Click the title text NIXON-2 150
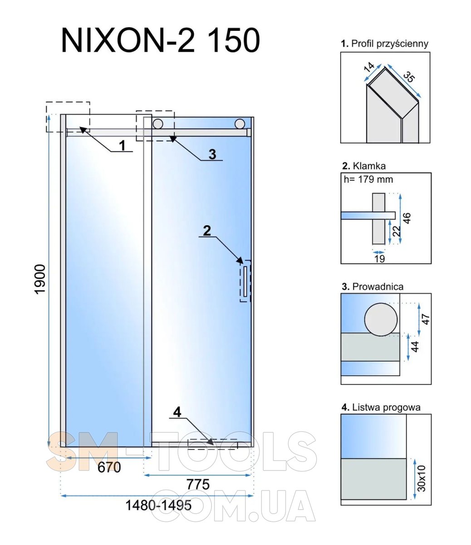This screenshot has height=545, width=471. pyautogui.click(x=161, y=40)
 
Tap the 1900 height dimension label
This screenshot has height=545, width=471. pyautogui.click(x=40, y=279)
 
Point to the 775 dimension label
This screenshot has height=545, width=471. pyautogui.click(x=198, y=484)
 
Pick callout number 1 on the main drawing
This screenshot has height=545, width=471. pyautogui.click(x=122, y=145)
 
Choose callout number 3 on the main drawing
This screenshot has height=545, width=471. pyautogui.click(x=212, y=154)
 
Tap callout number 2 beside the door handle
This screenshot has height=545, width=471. pyautogui.click(x=207, y=231)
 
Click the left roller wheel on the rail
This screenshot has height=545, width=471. pyautogui.click(x=157, y=124)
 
